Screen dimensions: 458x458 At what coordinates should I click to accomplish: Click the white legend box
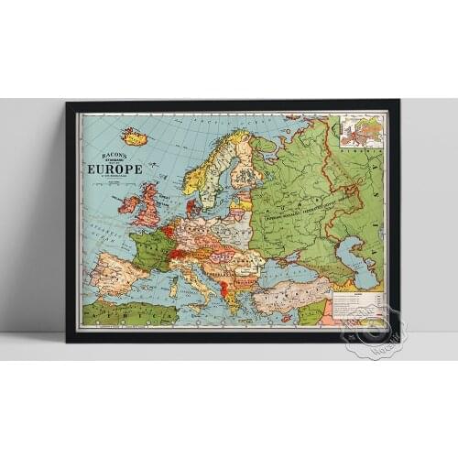coord(356,304)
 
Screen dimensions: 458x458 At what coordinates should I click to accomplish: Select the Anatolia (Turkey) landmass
coord(293,295)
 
